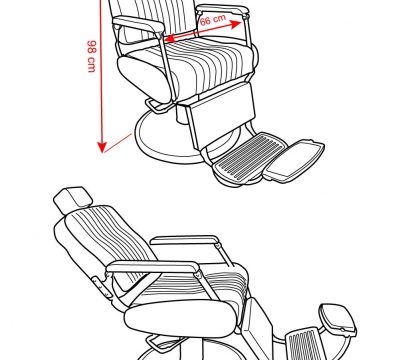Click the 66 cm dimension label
coord(213,20)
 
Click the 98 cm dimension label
coord(92,56)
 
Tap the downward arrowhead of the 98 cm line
coord(102,147)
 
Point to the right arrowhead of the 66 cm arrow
coord(235,24)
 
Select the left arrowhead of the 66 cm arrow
coord(170,39)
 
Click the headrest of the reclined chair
coord(73,200)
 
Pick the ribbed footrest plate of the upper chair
coord(251,156)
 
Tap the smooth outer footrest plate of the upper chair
coord(294,161)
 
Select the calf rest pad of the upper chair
coord(221,115)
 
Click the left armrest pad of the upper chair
coord(138,25)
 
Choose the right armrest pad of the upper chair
coord(223,10)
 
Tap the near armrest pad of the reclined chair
coord(154,267)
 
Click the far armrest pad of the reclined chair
coord(185,240)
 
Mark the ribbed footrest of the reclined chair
coord(303,343)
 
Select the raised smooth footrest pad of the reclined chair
coord(338,319)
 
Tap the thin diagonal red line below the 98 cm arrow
coord(118,143)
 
